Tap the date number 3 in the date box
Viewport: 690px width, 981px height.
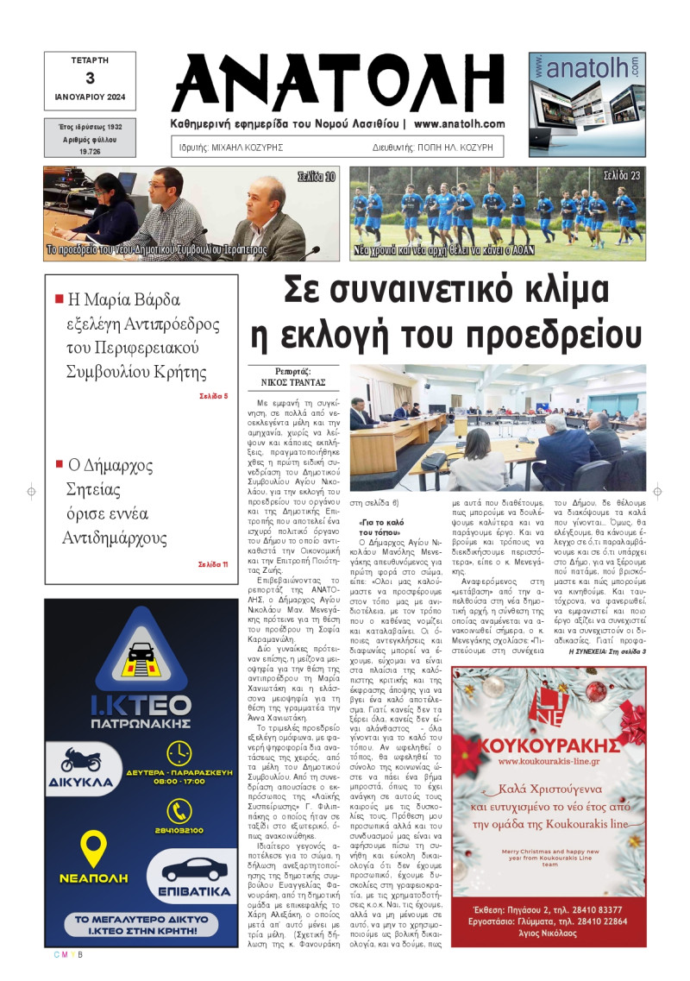tap(90, 78)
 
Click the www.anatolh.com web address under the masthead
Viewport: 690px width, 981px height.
tap(459, 124)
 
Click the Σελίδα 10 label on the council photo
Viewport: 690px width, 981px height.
tap(317, 177)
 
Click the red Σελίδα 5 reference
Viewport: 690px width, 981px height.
tap(213, 396)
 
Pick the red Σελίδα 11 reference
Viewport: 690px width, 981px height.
tap(212, 564)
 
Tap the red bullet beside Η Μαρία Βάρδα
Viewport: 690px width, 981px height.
tap(60, 299)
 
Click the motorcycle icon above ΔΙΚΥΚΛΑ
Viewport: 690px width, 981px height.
tap(81, 760)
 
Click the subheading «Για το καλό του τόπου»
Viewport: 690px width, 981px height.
tap(382, 528)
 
